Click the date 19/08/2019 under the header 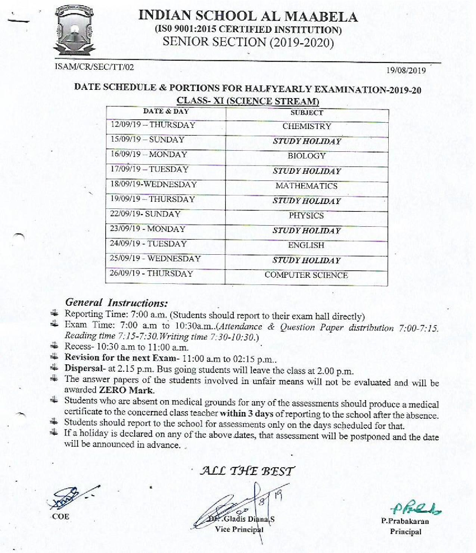(x=406, y=70)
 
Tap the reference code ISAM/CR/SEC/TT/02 (x=94, y=67)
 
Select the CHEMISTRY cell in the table (x=307, y=126)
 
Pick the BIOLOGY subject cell (x=307, y=156)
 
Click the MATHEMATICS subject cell (x=307, y=186)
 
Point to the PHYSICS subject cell (x=307, y=215)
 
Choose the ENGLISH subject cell (x=307, y=245)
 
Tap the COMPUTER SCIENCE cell (x=307, y=275)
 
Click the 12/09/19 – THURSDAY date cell (x=153, y=125)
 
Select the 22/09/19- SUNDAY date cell (x=145, y=214)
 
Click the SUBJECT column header (x=307, y=113)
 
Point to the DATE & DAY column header (x=166, y=111)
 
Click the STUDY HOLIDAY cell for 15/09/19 (x=307, y=141)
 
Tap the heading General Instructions (x=116, y=302)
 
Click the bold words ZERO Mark (x=127, y=390)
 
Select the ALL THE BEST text (x=248, y=471)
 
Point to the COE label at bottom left (x=60, y=516)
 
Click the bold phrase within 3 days (x=246, y=413)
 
